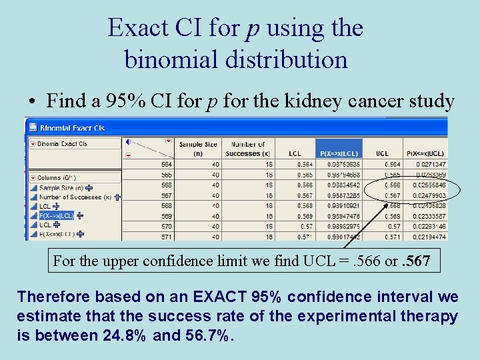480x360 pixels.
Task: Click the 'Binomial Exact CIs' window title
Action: point(73,127)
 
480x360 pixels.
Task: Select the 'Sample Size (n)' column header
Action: point(198,149)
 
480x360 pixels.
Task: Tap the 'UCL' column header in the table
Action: point(382,153)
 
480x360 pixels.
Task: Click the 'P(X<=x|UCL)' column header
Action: point(427,153)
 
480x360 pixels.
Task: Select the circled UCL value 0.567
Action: point(393,196)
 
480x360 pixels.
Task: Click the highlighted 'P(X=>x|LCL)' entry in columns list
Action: point(56,216)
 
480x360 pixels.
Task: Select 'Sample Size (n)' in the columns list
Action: point(62,188)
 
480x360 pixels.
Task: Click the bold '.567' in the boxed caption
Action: point(419,261)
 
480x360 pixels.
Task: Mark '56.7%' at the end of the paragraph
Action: point(207,335)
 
